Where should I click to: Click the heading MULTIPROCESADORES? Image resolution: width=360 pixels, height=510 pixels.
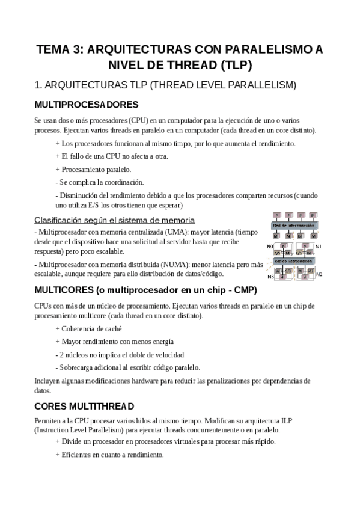[x=87, y=104]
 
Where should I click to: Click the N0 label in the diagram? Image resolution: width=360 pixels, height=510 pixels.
[x=269, y=247]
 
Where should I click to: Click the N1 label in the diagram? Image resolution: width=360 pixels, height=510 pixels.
[x=319, y=247]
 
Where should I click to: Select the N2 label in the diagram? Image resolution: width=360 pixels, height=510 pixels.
[x=319, y=275]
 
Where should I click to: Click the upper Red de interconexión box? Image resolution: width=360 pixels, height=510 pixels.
[x=294, y=226]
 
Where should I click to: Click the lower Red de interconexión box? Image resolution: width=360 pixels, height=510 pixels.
[x=294, y=262]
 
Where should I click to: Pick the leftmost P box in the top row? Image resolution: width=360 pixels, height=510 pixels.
[x=276, y=215]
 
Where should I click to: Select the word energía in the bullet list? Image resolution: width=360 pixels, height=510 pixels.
[x=161, y=341]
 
